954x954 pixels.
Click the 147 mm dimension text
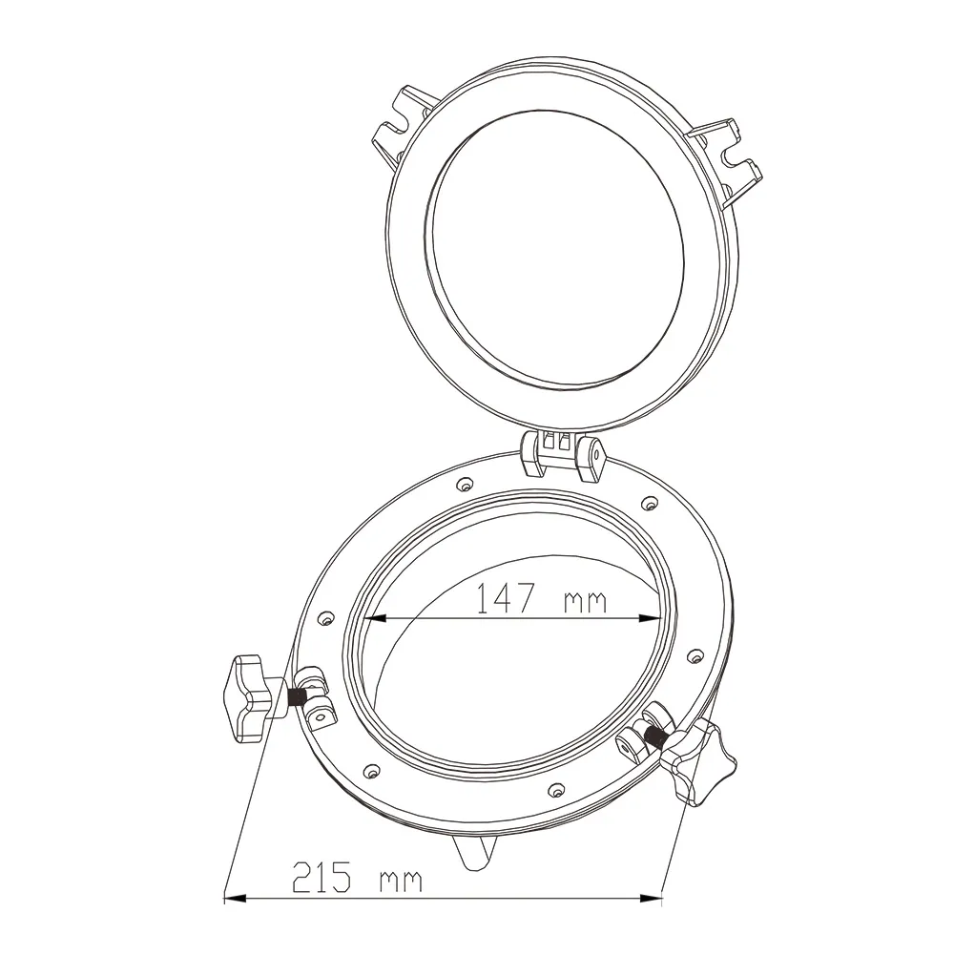pyautogui.click(x=541, y=598)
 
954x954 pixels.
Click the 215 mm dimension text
pyautogui.click(x=357, y=877)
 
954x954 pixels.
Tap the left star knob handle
pyautogui.click(x=248, y=698)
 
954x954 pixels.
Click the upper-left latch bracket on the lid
pyautogui.click(x=403, y=128)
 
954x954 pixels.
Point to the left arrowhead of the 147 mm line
pyautogui.click(x=375, y=618)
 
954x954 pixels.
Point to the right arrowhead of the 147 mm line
pyautogui.click(x=650, y=618)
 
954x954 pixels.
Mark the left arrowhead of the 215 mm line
pyautogui.click(x=236, y=898)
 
